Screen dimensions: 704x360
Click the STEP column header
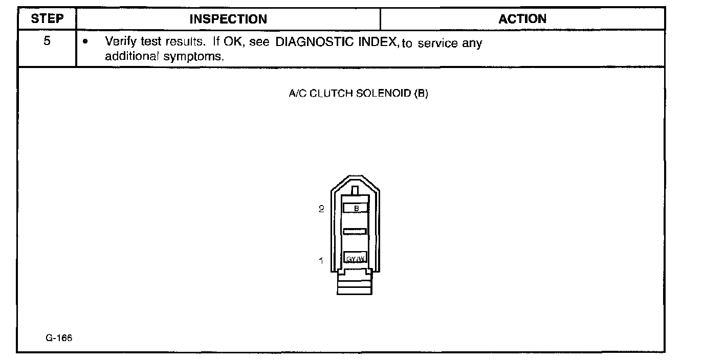click(47, 19)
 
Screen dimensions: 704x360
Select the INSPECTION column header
click(228, 19)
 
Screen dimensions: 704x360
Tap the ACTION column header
click(522, 19)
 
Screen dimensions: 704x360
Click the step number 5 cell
click(47, 41)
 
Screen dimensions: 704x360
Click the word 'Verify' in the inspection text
click(119, 42)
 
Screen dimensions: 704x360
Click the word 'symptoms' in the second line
click(194, 56)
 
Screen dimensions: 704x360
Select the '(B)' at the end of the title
click(422, 94)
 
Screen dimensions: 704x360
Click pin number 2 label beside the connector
click(321, 209)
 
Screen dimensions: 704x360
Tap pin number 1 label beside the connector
click(321, 260)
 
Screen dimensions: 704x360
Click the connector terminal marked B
click(356, 208)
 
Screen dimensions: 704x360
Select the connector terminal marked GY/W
click(355, 258)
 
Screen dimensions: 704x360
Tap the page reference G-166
click(58, 338)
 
